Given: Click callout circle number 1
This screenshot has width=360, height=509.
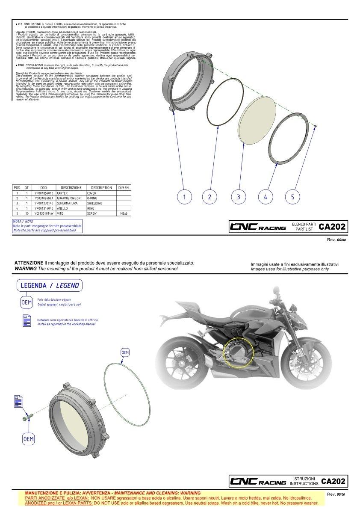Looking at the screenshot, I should point(184,197).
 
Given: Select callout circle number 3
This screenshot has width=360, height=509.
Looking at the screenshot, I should point(238,197).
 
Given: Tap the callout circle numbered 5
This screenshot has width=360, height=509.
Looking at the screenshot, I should point(292,197).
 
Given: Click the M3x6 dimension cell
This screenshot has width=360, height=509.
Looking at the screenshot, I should point(123,213).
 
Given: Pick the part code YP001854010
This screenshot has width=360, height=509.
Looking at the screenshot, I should point(44,193).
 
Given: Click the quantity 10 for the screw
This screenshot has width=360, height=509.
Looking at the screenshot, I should point(27,213).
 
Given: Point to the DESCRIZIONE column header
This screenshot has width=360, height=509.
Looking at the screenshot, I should point(71,188).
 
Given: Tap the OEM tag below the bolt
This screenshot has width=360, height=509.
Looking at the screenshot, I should point(28,439).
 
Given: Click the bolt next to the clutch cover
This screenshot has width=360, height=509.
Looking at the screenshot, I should point(27,416).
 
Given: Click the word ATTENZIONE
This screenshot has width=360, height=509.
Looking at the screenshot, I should point(29,262).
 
